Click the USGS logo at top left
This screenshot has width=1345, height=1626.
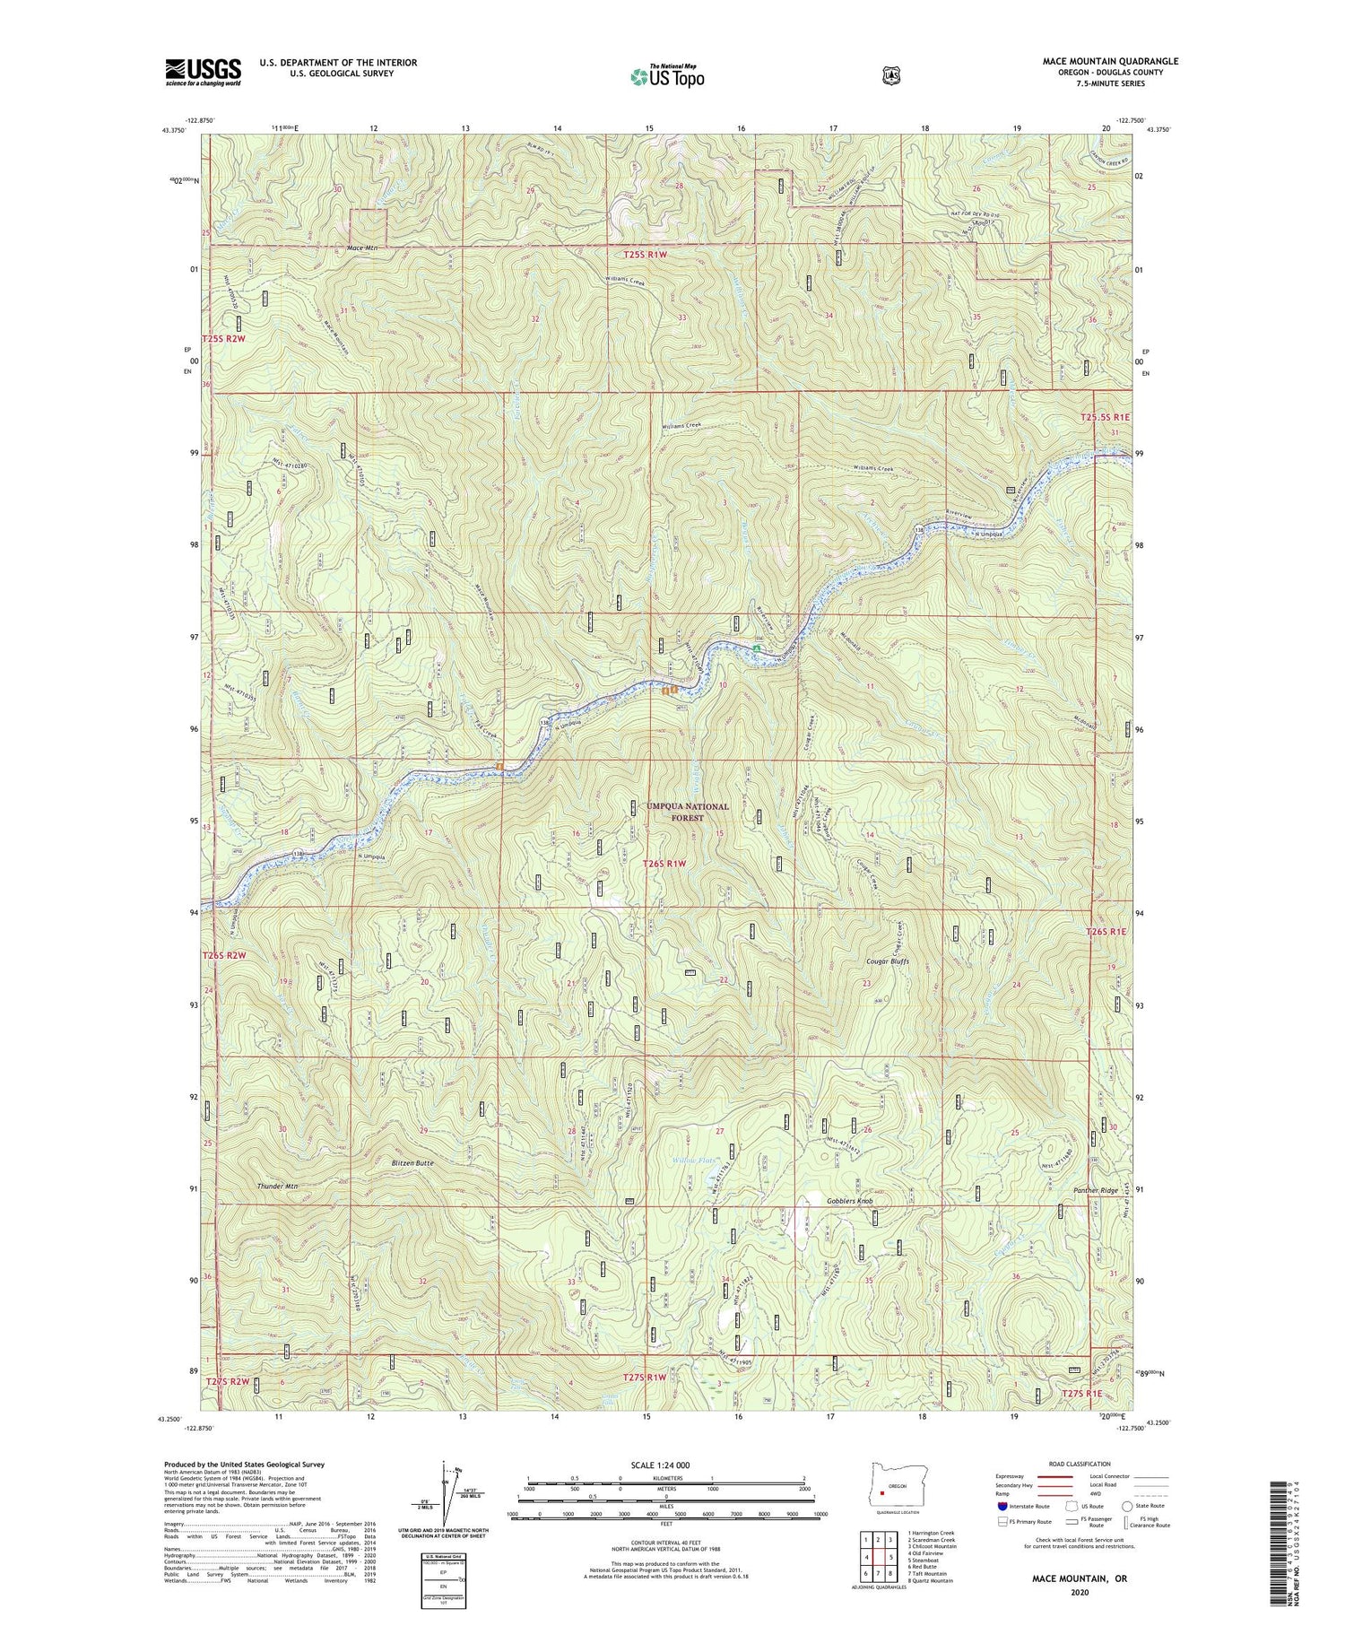pos(204,72)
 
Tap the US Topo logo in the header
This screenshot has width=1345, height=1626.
pos(667,76)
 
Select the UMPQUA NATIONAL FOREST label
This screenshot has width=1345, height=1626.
pos(688,812)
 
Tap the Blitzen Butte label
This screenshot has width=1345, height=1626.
pos(412,1163)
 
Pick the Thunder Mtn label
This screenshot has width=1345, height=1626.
pos(277,1186)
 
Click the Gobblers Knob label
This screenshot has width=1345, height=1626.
pos(849,1200)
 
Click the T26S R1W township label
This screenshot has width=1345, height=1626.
pos(664,864)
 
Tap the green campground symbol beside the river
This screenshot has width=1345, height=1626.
pos(757,648)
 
